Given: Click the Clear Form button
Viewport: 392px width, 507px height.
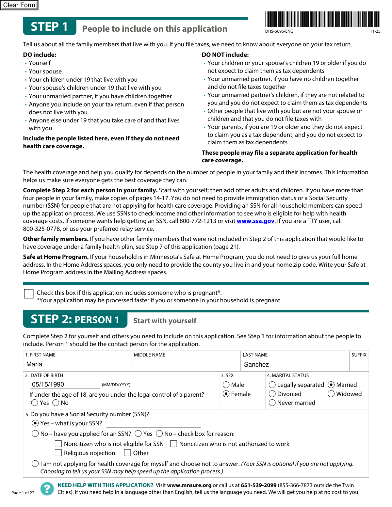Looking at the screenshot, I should point(19,5).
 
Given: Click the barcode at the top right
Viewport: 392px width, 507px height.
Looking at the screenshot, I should point(322,19).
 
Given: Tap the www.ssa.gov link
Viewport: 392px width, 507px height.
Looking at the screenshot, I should point(255,221).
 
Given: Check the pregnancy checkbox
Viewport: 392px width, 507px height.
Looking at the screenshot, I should point(29,293).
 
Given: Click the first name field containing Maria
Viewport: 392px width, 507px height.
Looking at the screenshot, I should point(77,364).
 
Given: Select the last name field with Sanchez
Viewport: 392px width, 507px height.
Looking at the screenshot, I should point(295,364).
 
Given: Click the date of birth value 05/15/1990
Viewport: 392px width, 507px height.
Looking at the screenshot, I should point(48,385).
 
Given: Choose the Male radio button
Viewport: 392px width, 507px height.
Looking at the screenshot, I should point(226,385).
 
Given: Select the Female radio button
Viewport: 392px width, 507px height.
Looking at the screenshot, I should point(226,394).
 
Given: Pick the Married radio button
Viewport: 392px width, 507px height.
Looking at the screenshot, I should point(331,385).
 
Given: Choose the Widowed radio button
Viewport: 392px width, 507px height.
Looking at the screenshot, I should point(331,394).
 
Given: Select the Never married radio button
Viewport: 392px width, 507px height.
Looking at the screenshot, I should point(272,403).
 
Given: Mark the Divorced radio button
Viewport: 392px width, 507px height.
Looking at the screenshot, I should point(272,394).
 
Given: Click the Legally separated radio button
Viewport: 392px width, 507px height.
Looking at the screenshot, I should point(272,385).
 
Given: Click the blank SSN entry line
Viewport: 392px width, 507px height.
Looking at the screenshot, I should point(154,423).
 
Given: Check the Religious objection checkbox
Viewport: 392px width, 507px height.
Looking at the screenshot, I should point(58,453).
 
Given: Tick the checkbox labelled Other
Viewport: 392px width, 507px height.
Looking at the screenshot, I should point(127,453).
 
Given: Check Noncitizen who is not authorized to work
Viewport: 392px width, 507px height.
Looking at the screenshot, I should point(174,444).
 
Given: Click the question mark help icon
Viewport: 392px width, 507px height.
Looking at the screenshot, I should point(47,489).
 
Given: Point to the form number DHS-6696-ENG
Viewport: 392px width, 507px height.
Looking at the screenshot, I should point(279,31).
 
